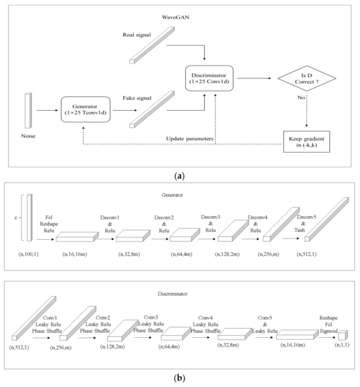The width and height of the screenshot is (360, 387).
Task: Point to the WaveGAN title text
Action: [179, 14]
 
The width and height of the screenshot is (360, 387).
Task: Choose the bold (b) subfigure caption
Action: [180, 378]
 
